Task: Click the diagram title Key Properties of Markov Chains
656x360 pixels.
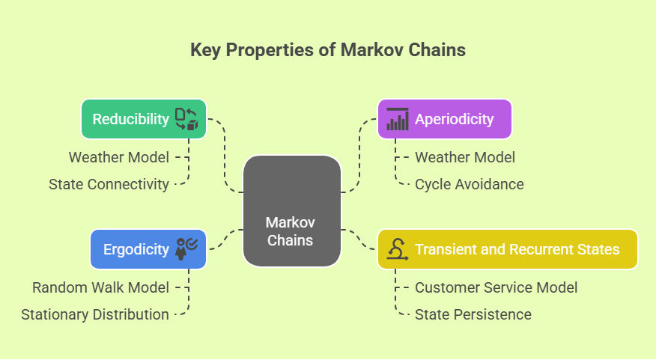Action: [x=328, y=50]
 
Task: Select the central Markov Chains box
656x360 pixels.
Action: [x=291, y=211]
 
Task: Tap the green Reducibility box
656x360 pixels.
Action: [x=143, y=119]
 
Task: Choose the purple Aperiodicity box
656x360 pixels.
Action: [x=445, y=119]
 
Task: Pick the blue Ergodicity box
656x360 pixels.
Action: [x=148, y=249]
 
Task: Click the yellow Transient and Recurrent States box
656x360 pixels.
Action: [x=507, y=249]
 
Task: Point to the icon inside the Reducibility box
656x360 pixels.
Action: [x=186, y=119]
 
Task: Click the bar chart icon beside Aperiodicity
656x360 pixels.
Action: [x=397, y=119]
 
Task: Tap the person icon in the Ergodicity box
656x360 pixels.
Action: [x=186, y=249]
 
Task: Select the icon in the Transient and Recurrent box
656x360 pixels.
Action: [x=397, y=249]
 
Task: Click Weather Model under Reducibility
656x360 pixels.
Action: [x=119, y=157]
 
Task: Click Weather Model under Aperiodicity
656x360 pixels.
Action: [x=465, y=157]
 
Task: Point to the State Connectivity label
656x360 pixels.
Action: [x=109, y=183]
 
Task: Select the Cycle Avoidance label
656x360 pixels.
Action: [x=470, y=183]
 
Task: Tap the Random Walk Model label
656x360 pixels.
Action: [x=100, y=287]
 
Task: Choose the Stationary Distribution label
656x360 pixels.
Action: [x=95, y=314]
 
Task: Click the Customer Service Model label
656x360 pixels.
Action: [x=496, y=287]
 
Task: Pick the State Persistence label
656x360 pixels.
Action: [x=473, y=314]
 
